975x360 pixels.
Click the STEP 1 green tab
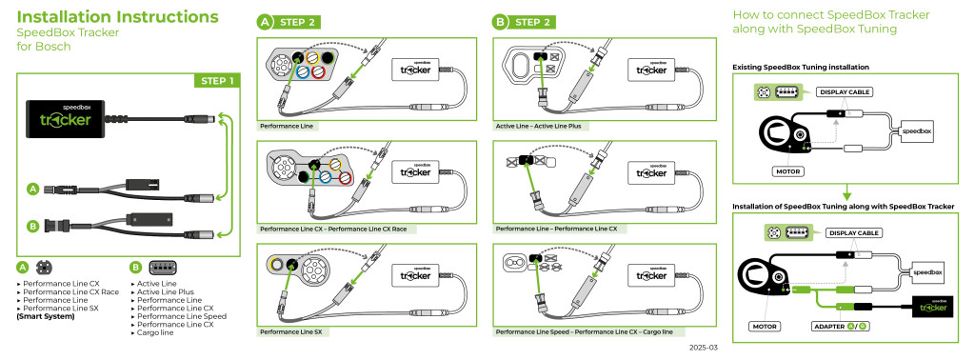click(217, 81)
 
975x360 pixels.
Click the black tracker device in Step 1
click(67, 118)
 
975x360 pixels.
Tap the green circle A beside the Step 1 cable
click(32, 189)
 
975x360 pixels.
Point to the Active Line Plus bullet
click(162, 291)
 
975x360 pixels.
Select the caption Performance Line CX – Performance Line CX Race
click(333, 230)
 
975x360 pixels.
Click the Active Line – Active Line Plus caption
click(542, 127)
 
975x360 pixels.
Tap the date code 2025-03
click(703, 348)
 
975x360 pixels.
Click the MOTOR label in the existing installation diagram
click(786, 171)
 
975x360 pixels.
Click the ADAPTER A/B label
click(840, 326)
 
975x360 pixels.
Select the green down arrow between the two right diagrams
click(846, 191)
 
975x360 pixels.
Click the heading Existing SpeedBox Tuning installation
click(800, 67)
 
